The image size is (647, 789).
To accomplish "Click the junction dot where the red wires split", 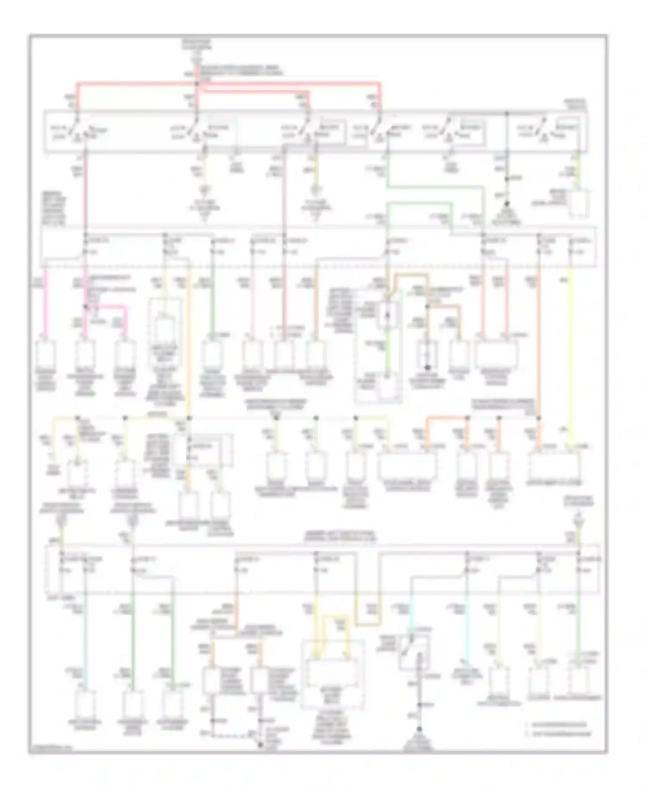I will click(x=197, y=84).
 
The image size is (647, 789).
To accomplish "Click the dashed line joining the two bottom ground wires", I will click(x=235, y=735).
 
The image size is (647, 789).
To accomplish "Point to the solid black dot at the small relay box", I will click(x=427, y=368).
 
